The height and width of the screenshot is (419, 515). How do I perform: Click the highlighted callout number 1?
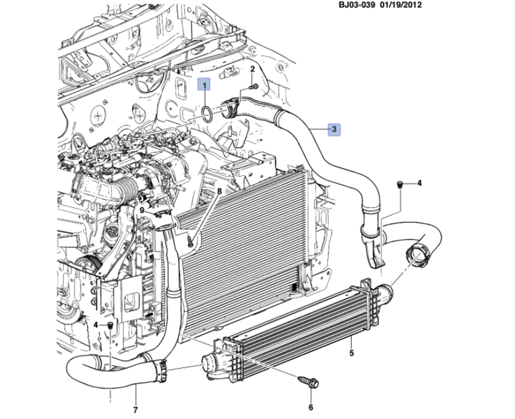[x=204, y=84]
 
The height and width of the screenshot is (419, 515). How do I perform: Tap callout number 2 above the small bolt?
[x=252, y=69]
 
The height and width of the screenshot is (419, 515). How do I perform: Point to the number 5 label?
[x=351, y=353]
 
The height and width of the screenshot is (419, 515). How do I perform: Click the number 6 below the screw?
[x=311, y=407]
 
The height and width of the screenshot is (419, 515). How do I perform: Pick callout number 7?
[x=135, y=410]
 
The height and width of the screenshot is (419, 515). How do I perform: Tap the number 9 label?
[x=141, y=209]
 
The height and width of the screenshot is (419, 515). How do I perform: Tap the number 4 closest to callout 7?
[x=96, y=325]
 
